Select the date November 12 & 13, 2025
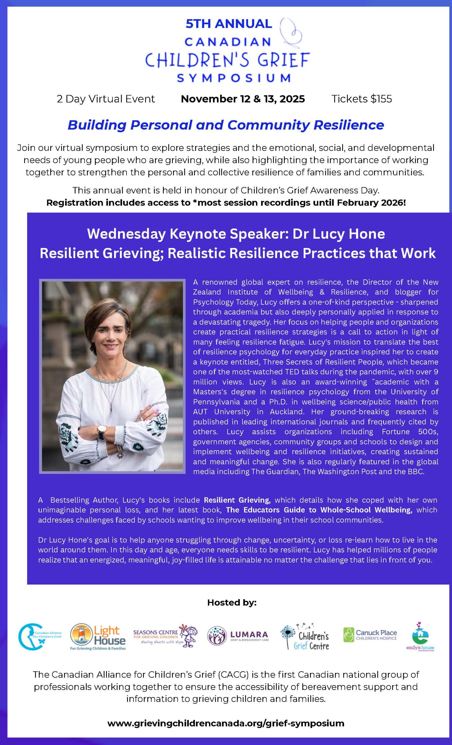pos(243,99)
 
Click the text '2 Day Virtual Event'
pos(106,99)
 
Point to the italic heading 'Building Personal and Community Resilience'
pos(226,125)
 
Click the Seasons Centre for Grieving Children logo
pos(166,635)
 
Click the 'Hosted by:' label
pos(232,603)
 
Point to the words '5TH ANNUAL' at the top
pos(229,24)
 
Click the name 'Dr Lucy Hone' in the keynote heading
pos(339,234)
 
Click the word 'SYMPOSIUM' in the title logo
pos(234,78)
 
